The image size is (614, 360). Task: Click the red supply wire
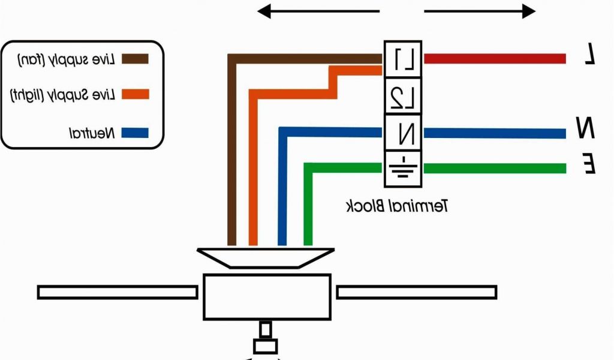[x=495, y=58]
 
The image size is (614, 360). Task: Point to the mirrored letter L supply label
[x=590, y=55]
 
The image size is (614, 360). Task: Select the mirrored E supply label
[x=589, y=163]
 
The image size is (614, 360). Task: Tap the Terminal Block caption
[x=398, y=207]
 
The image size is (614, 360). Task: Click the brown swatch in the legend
[x=135, y=59]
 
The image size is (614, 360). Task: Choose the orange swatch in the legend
[x=135, y=94]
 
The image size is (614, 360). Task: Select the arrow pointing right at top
[x=480, y=11]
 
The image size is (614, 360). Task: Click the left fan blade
[x=118, y=292]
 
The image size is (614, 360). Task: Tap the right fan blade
[x=416, y=292]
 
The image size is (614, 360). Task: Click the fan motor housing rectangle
[x=267, y=296]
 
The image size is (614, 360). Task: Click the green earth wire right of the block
[x=495, y=169]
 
